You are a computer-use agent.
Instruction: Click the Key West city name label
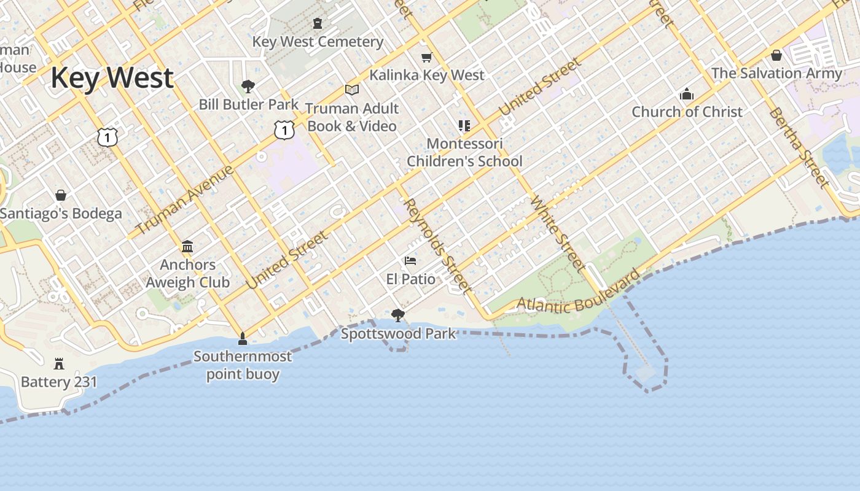(x=112, y=79)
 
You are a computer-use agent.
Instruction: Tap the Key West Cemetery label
(x=318, y=42)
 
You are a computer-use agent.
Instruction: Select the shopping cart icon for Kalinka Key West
(x=427, y=57)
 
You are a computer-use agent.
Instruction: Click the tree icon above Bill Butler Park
(x=248, y=86)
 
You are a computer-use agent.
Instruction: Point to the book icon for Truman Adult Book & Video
(x=352, y=90)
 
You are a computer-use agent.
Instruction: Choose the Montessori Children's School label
(x=464, y=152)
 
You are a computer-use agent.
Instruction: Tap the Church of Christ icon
(x=687, y=95)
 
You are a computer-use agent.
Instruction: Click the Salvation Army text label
(x=776, y=73)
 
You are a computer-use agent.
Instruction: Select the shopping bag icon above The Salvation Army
(x=776, y=55)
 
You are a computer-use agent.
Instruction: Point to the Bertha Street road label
(x=798, y=147)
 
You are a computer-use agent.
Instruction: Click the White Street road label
(x=557, y=233)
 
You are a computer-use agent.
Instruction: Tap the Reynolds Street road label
(x=439, y=245)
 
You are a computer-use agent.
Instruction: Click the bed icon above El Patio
(x=410, y=261)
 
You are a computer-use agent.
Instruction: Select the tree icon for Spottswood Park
(x=398, y=315)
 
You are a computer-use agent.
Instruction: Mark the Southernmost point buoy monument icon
(x=243, y=338)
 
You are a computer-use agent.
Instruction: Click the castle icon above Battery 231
(x=59, y=363)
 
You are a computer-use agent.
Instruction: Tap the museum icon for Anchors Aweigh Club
(x=187, y=247)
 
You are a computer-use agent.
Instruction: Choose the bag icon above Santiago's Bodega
(x=61, y=195)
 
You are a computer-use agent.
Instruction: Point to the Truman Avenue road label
(x=184, y=200)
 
